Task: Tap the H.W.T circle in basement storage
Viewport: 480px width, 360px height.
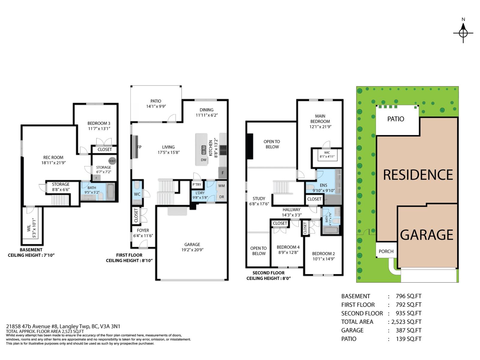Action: pyautogui.click(x=112, y=161)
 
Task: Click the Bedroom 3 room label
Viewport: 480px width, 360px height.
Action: pyautogui.click(x=99, y=123)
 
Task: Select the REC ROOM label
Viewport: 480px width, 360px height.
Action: pyautogui.click(x=53, y=157)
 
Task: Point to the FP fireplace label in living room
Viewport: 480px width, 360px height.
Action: pyautogui.click(x=139, y=147)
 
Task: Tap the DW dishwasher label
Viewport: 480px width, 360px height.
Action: pyautogui.click(x=204, y=160)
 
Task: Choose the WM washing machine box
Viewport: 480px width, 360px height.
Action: pyautogui.click(x=221, y=186)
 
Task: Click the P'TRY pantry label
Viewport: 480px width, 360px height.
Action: pyautogui.click(x=197, y=184)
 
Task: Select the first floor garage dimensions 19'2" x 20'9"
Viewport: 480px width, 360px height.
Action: pyautogui.click(x=192, y=250)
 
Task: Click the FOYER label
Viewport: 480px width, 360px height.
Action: pyautogui.click(x=143, y=230)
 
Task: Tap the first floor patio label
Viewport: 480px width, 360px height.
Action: pyautogui.click(x=156, y=101)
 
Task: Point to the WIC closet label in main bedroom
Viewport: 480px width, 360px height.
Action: pyautogui.click(x=327, y=152)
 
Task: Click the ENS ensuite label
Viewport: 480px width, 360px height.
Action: pyautogui.click(x=323, y=185)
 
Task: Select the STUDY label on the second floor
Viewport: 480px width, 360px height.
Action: pyautogui.click(x=259, y=198)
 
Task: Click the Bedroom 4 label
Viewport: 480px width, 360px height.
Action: pyautogui.click(x=288, y=247)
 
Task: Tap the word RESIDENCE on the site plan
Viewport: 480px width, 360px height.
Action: pyautogui.click(x=418, y=175)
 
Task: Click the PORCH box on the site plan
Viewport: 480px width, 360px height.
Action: pyautogui.click(x=386, y=251)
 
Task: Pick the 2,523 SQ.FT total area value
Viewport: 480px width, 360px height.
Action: pyautogui.click(x=406, y=322)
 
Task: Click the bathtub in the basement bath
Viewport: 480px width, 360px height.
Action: pyautogui.click(x=110, y=192)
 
